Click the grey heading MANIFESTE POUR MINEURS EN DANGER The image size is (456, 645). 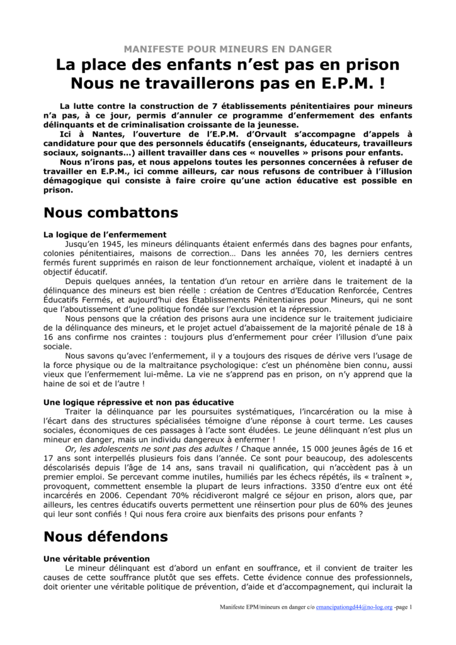click(228, 49)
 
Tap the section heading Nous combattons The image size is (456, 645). click(111, 212)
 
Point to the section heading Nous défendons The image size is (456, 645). click(105, 537)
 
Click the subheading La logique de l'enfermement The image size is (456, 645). click(105, 234)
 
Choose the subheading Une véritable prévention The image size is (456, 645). click(96, 558)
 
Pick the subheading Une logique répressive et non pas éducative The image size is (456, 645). click(138, 401)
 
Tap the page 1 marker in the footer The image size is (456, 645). click(404, 608)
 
